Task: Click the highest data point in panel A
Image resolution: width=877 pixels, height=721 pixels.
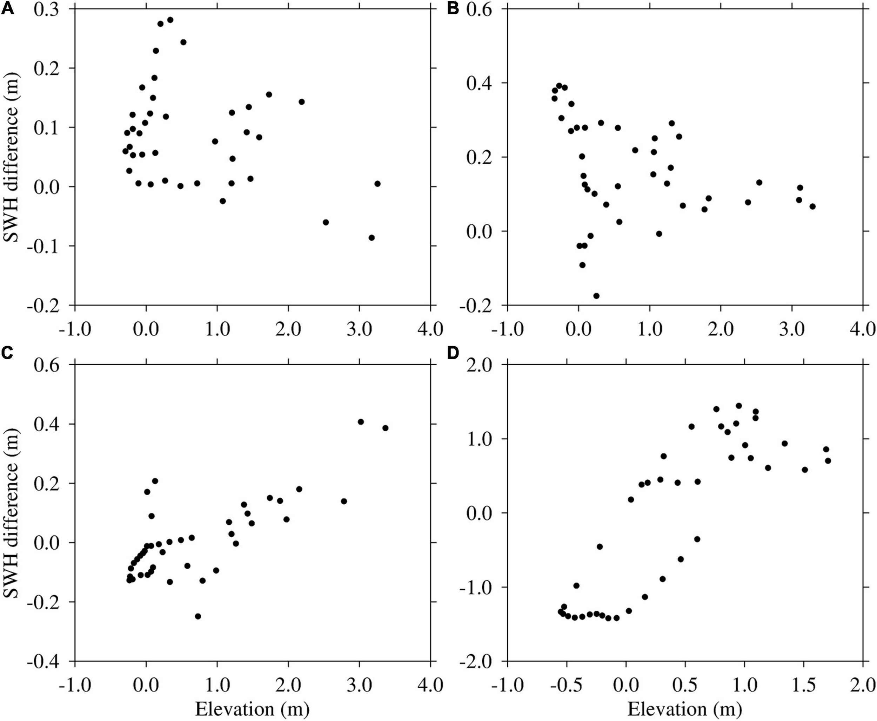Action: [170, 20]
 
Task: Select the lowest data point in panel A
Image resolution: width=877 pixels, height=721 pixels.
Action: [372, 237]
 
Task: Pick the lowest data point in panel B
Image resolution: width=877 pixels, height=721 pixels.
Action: [596, 296]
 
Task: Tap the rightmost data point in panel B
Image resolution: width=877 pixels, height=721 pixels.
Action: [812, 207]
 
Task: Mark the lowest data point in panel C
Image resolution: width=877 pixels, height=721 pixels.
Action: [198, 616]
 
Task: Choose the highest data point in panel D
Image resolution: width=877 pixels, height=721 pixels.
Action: [739, 406]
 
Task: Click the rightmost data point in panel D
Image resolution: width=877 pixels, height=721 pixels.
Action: [828, 461]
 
